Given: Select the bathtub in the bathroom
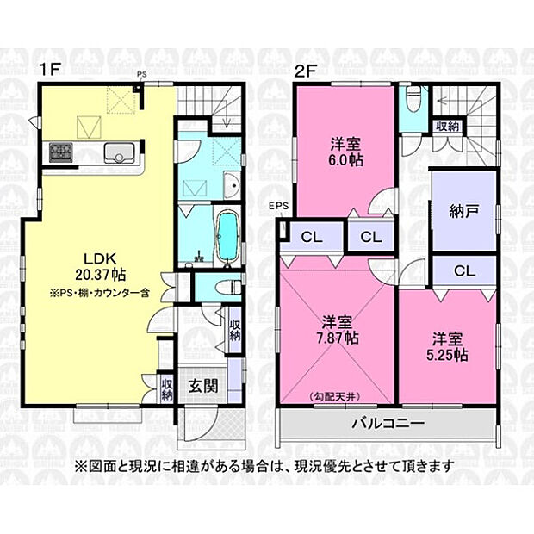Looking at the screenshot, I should click(227, 237).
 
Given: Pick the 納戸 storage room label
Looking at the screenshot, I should click(463, 212).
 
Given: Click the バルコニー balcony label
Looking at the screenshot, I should click(386, 423).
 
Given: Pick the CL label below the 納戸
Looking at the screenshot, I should click(464, 270).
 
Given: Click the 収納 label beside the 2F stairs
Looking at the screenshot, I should click(447, 126).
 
